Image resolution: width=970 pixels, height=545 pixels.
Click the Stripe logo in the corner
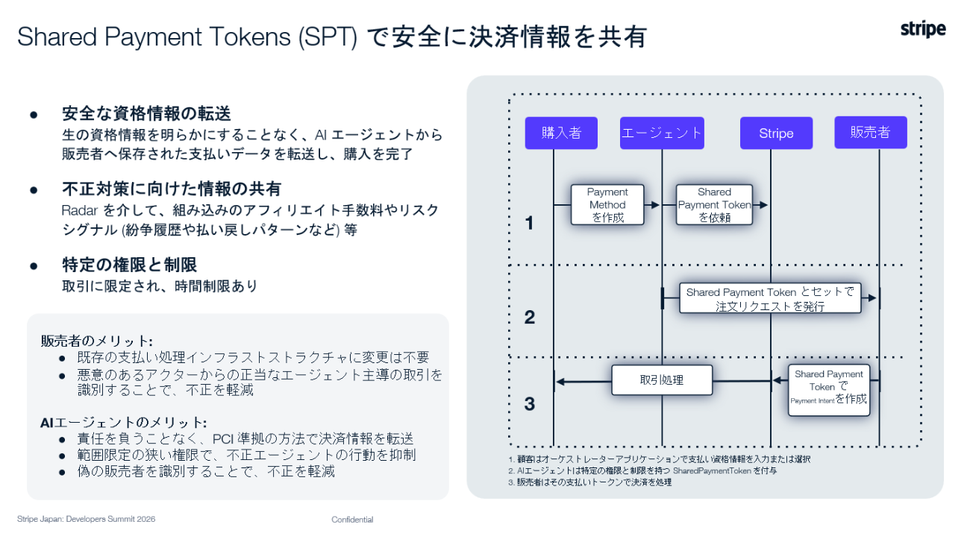[923, 29]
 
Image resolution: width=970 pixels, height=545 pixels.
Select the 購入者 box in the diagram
[561, 133]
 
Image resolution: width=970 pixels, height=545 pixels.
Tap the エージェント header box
[662, 133]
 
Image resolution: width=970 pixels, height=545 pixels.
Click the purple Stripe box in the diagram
[776, 133]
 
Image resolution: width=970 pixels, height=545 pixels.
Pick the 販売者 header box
[870, 133]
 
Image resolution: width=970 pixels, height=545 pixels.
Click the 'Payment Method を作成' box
[607, 205]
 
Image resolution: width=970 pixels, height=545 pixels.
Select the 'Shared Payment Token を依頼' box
[714, 205]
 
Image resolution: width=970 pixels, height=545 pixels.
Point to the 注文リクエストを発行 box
[769, 298]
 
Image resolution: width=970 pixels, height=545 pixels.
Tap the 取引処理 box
[662, 380]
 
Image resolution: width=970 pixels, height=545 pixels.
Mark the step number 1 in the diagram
[530, 223]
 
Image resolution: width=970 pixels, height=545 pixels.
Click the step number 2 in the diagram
[530, 318]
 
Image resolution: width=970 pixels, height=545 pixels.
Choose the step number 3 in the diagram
[530, 404]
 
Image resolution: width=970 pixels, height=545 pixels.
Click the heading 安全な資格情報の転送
[146, 114]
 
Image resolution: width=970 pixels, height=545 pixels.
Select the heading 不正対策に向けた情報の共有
[172, 189]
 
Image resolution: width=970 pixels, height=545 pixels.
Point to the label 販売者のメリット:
[96, 341]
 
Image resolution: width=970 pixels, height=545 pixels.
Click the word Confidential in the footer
[352, 520]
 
